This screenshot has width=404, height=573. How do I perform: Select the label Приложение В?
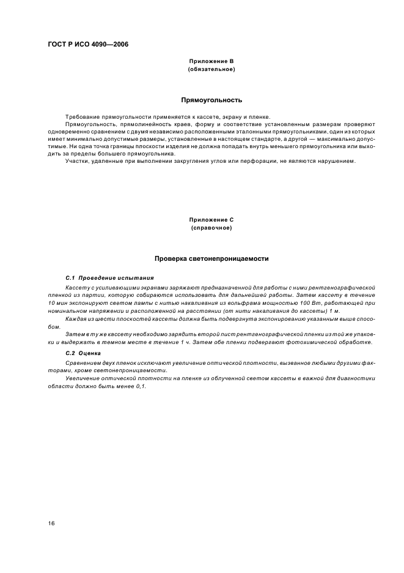point(211,62)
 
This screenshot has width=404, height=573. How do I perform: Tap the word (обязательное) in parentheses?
point(211,69)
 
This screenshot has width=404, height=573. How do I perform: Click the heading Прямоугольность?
point(211,99)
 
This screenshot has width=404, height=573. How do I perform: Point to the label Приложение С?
point(211,219)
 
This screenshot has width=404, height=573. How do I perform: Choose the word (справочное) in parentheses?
point(211,227)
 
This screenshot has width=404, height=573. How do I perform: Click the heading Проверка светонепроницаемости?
point(211,259)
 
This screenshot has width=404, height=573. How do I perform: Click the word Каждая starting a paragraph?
point(76,319)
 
